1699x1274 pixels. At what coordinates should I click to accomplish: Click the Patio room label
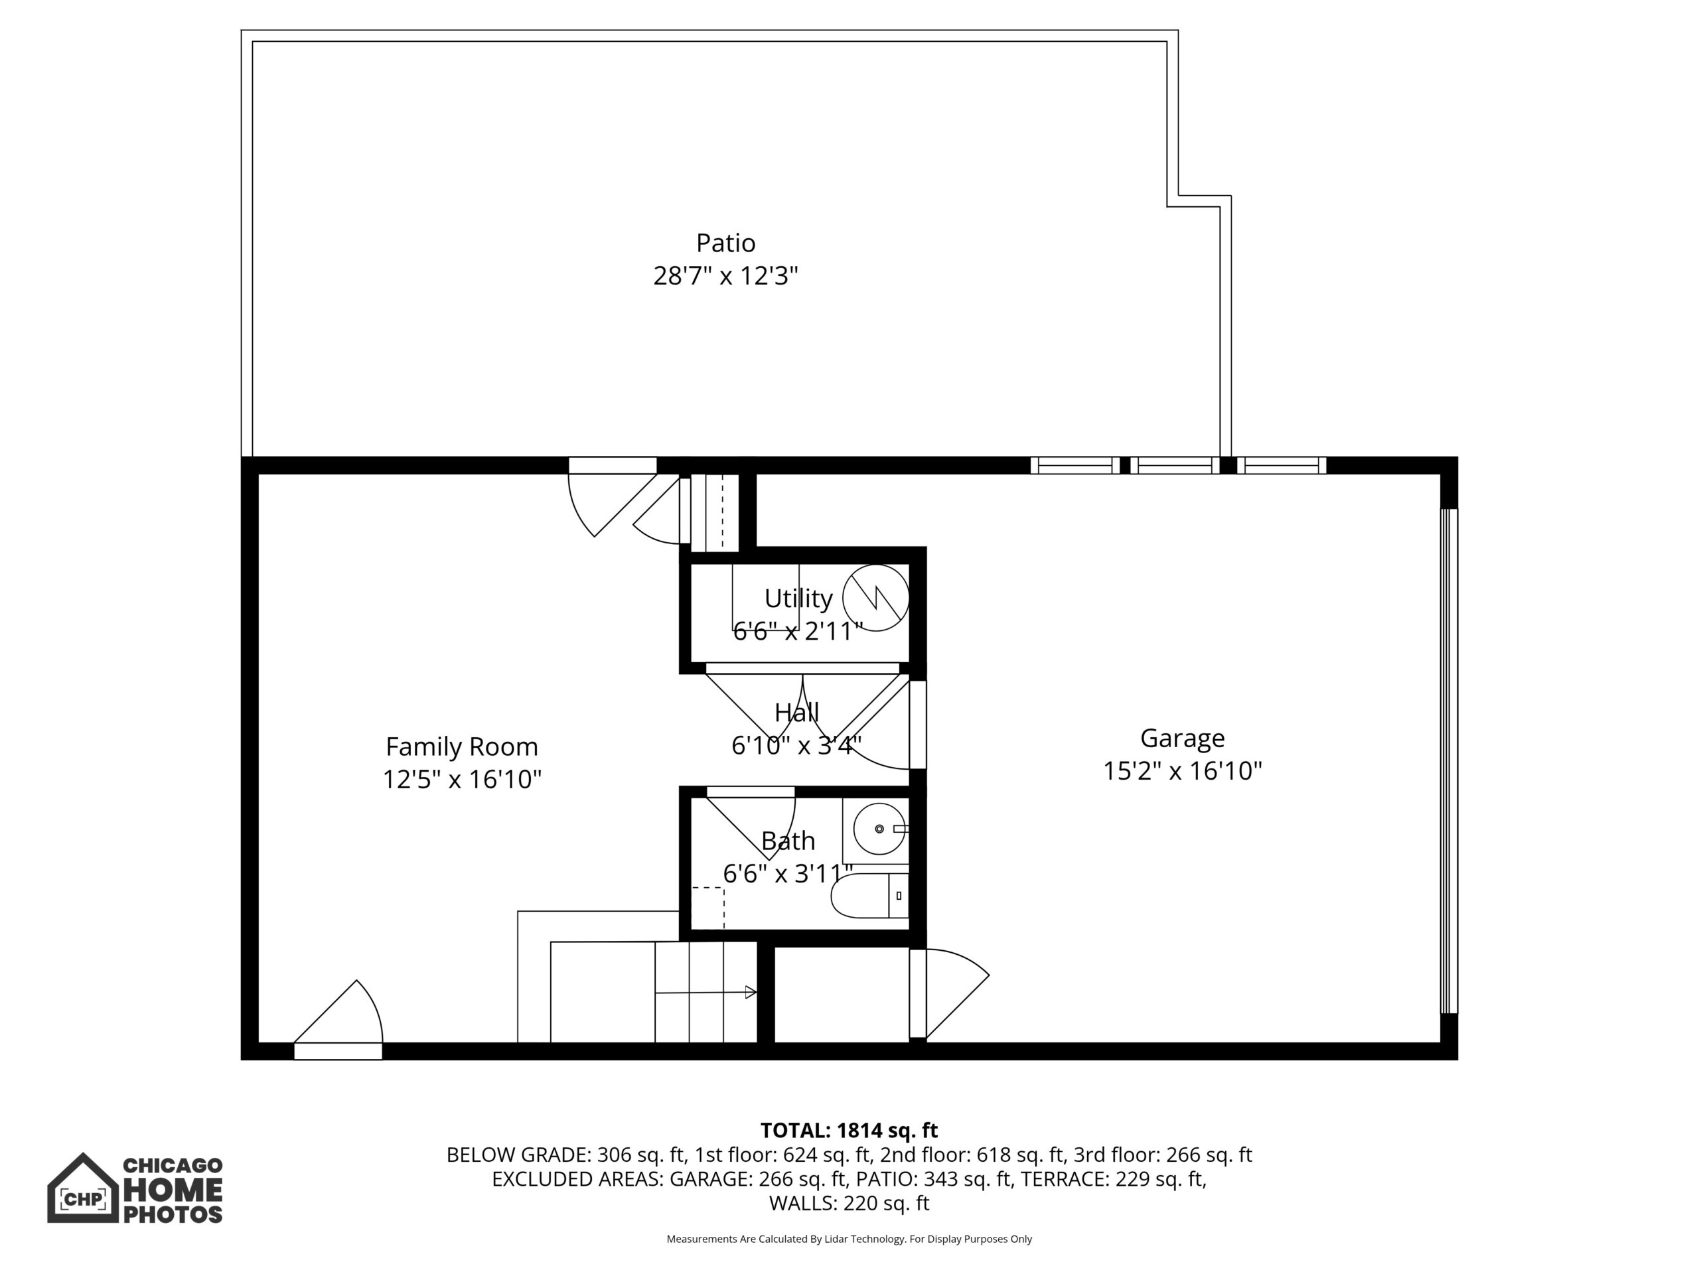725,243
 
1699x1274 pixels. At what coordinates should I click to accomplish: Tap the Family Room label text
462,746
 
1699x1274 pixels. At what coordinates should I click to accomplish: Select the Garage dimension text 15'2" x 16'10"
1182,770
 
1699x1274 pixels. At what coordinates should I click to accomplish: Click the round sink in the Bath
880,829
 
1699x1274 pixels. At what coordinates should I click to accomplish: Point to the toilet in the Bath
870,895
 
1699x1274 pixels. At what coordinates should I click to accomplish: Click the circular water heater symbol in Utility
875,597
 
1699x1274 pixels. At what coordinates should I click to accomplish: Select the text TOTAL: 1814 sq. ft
849,1131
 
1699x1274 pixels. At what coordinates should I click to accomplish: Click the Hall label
796,713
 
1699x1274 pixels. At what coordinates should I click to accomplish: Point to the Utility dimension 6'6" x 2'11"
798,631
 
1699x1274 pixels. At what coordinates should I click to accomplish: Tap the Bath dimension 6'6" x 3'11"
788,874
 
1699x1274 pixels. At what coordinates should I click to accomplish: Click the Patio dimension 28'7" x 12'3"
725,275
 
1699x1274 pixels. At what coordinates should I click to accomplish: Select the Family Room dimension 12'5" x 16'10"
462,780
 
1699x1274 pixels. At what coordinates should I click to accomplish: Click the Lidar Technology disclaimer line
849,1239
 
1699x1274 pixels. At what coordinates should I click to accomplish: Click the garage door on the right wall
1448,761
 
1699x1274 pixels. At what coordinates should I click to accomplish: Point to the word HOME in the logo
173,1190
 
